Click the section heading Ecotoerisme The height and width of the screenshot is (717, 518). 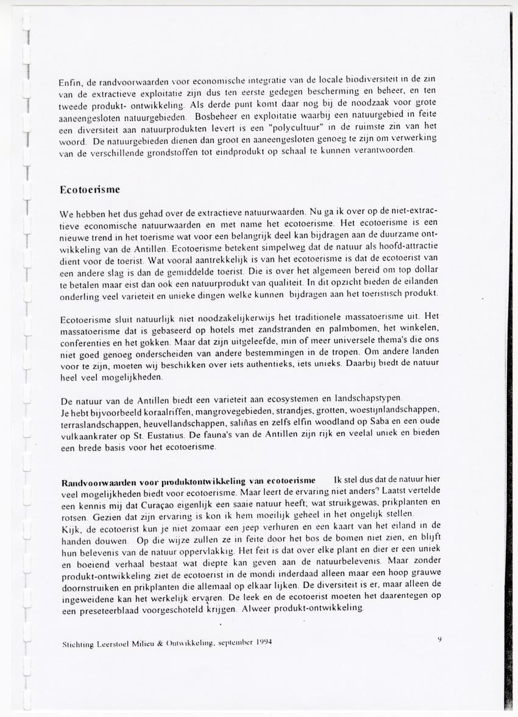[x=90, y=190]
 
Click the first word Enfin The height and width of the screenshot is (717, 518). [x=71, y=82]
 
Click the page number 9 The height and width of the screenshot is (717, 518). [x=439, y=638]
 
